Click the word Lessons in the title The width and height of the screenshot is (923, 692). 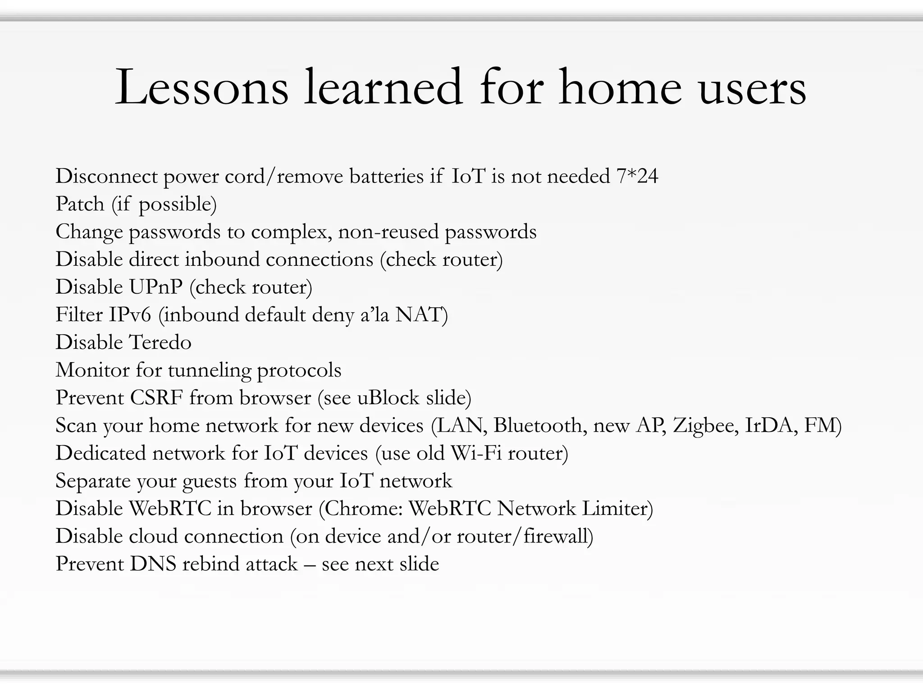click(201, 87)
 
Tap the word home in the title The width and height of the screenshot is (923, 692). click(620, 87)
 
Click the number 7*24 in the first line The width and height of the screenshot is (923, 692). click(637, 176)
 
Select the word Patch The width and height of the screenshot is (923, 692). click(80, 204)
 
